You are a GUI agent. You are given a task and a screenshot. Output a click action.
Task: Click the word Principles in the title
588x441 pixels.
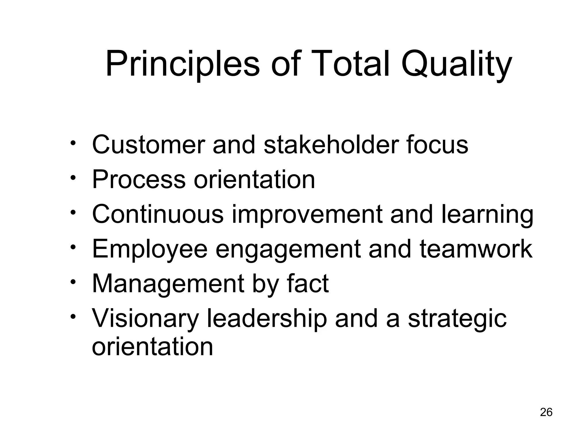[x=183, y=64]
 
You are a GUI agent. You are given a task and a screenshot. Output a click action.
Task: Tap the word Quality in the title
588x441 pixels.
[x=456, y=64]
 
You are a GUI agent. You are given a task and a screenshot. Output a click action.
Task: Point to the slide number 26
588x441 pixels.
[x=546, y=412]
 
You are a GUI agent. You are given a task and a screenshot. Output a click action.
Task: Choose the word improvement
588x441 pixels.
[x=307, y=215]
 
